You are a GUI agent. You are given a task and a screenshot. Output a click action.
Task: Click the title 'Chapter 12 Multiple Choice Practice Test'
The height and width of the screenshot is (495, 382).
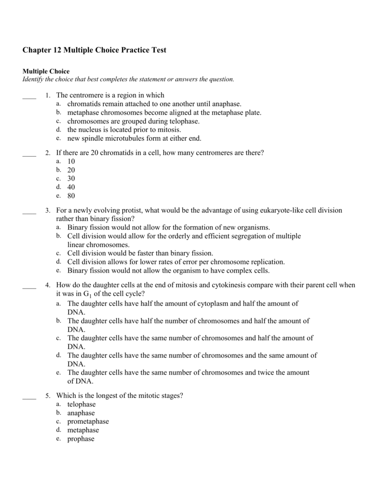pyautogui.click(x=94, y=50)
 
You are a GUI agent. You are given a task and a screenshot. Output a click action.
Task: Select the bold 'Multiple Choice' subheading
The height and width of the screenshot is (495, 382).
pyautogui.click(x=46, y=71)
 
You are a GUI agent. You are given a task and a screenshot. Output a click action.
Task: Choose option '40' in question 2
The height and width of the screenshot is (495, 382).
pyautogui.click(x=71, y=187)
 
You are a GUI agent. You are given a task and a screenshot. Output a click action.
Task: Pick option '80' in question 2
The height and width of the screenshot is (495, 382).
pyautogui.click(x=71, y=196)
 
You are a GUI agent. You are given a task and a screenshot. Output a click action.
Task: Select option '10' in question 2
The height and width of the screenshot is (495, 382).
pyautogui.click(x=71, y=161)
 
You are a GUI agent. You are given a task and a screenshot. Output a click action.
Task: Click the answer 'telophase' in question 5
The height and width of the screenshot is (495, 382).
pyautogui.click(x=81, y=404)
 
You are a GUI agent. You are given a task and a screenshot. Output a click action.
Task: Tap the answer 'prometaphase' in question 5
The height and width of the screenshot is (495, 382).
pyautogui.click(x=88, y=422)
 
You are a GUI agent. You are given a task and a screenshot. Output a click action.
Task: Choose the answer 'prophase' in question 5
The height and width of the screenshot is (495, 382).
pyautogui.click(x=81, y=439)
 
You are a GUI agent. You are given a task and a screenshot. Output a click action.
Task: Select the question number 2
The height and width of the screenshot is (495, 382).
pyautogui.click(x=48, y=153)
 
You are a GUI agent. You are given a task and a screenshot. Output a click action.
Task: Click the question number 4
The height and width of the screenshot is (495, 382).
pyautogui.click(x=48, y=286)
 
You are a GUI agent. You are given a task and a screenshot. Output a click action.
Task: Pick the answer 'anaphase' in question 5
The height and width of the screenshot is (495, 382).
pyautogui.click(x=81, y=413)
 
